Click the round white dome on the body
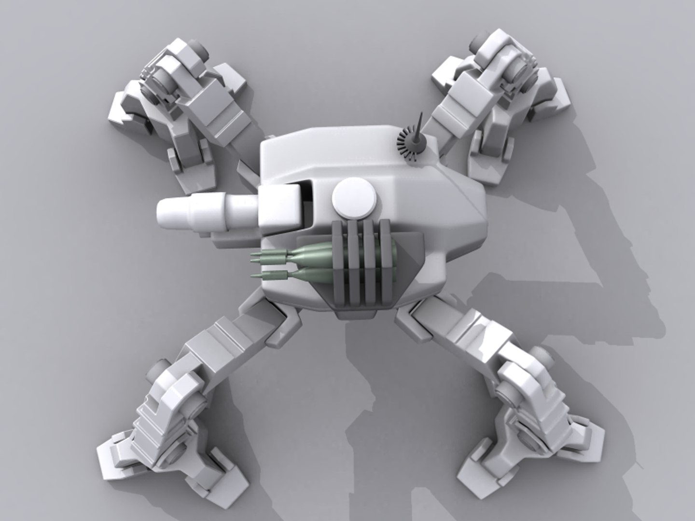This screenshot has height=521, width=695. click(354, 199)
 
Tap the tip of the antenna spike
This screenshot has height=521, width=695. click(421, 115)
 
